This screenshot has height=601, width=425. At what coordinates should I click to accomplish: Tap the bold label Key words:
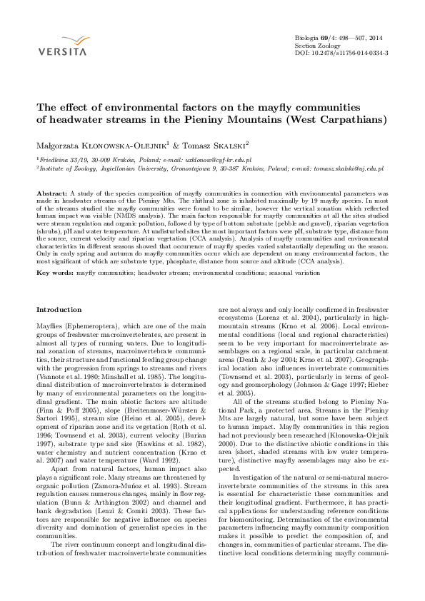[x=55, y=253]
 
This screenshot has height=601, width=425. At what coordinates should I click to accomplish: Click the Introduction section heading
[x=59, y=309]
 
